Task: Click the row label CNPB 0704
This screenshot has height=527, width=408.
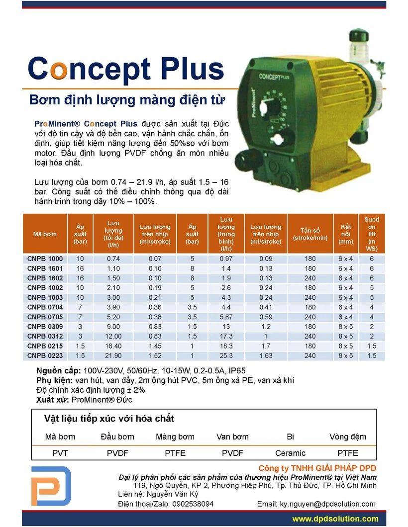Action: click(x=45, y=307)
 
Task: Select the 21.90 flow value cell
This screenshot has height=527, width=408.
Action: click(x=113, y=356)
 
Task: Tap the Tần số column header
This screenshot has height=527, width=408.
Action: click(x=310, y=234)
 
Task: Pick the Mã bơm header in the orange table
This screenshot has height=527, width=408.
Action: click(x=45, y=234)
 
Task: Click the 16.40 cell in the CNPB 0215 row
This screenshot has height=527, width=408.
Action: click(x=113, y=346)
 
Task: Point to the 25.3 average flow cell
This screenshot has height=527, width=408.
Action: click(x=226, y=356)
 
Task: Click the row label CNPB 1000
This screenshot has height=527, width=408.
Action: click(x=45, y=259)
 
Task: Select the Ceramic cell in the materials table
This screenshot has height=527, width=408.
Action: click(x=290, y=453)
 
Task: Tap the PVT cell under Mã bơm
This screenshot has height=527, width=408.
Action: click(x=60, y=453)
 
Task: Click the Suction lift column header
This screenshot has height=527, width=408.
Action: click(x=371, y=234)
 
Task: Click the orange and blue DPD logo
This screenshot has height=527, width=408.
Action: click(x=51, y=486)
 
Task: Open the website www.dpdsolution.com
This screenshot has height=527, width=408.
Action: click(x=335, y=519)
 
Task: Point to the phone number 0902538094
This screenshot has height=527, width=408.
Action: click(x=193, y=504)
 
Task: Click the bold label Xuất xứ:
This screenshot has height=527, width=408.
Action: click(x=53, y=399)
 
